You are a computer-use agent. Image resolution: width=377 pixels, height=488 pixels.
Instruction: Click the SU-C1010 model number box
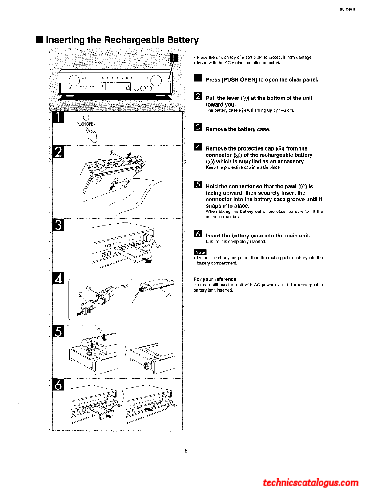[348, 10]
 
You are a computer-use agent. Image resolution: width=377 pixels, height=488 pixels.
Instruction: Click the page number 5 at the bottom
[186, 451]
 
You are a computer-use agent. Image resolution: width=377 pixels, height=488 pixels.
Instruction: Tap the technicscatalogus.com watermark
[311, 482]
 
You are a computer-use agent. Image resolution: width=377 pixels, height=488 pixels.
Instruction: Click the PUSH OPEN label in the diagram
[86, 124]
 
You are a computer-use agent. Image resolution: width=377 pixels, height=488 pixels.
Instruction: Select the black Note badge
[200, 252]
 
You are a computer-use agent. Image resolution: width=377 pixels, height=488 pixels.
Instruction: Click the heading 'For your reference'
[215, 279]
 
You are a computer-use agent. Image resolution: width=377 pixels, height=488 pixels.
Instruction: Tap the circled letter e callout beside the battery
[168, 295]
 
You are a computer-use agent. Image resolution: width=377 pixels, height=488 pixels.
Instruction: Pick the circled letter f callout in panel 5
[99, 330]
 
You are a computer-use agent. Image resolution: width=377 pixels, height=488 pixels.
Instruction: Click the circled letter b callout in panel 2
[112, 153]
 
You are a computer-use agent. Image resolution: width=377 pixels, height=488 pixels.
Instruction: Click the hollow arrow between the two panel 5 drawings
[125, 350]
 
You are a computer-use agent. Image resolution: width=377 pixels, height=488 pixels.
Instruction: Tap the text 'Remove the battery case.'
[238, 129]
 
